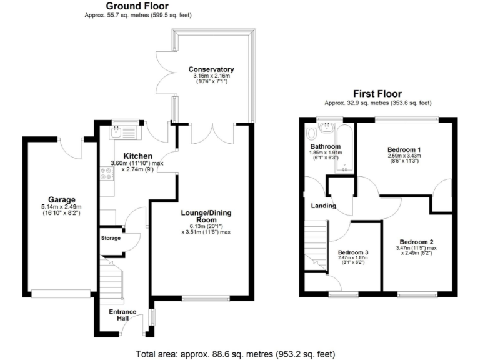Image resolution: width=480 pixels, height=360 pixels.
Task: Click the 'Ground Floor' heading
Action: click(x=129, y=6)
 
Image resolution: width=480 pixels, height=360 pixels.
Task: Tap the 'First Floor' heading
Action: click(x=377, y=94)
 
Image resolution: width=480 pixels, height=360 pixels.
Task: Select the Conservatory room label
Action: click(x=212, y=69)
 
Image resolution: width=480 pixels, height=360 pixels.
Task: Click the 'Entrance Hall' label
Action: click(x=118, y=314)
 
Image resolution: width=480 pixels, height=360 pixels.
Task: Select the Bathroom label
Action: click(x=325, y=147)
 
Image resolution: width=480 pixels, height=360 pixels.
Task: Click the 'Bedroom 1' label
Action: click(x=403, y=149)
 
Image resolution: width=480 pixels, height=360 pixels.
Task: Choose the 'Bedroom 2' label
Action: click(x=416, y=242)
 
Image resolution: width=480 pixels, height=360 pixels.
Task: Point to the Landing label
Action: click(x=323, y=206)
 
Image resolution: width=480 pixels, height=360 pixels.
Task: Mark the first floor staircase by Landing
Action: click(x=317, y=245)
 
